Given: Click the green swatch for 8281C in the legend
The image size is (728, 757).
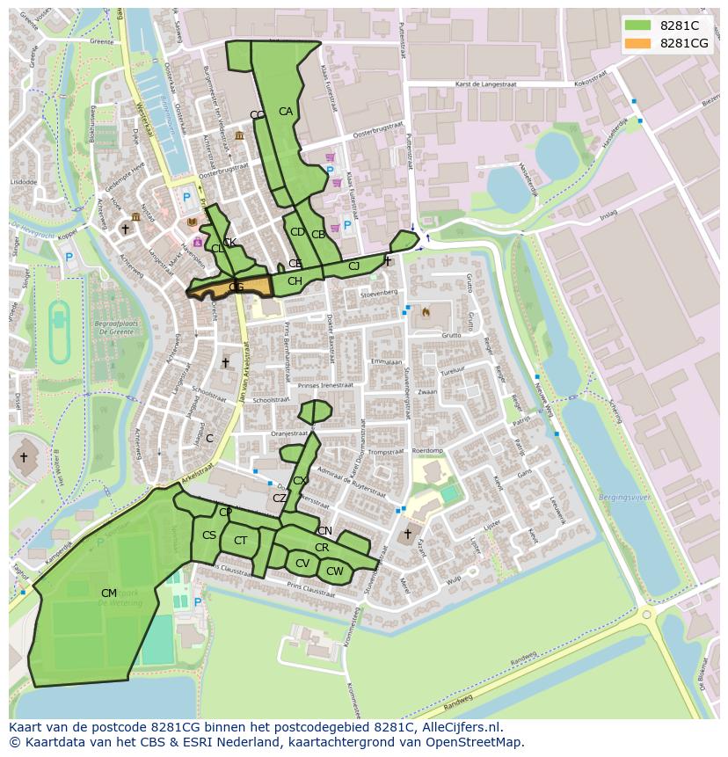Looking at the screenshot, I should click(x=638, y=25).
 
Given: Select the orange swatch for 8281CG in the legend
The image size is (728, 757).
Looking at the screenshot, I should click(x=638, y=43).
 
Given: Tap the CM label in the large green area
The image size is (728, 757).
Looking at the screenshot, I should click(x=109, y=593).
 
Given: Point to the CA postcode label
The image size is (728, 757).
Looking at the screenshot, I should click(x=286, y=112).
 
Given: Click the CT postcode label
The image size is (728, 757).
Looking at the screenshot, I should click(x=240, y=541).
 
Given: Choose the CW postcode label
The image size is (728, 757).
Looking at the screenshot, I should click(x=334, y=571).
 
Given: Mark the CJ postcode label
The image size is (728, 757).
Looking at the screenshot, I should click(x=353, y=266).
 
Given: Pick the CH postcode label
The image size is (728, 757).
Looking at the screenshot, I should click(x=295, y=281).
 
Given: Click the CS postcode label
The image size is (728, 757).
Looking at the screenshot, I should click(x=209, y=535).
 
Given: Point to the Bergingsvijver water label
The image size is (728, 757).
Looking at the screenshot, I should click(x=622, y=498).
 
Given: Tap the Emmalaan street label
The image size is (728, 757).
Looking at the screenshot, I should click(x=385, y=361).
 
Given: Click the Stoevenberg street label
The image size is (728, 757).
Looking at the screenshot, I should click(x=379, y=293).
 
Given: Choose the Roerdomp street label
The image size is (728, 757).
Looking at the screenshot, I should click(x=427, y=450).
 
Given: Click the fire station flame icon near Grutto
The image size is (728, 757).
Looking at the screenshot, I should click(x=426, y=311).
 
